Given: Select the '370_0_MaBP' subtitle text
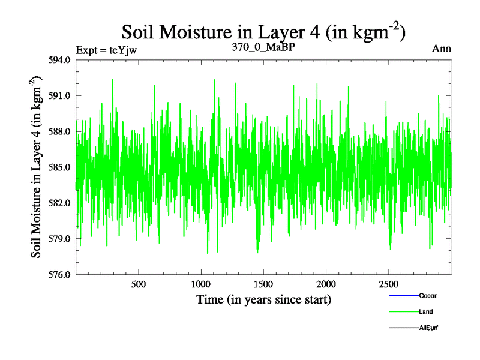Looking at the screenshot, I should (x=264, y=47).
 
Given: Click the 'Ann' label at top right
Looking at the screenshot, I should (x=441, y=49).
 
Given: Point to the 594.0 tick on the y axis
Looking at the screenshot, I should (x=60, y=60).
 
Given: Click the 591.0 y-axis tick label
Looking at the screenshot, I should (x=60, y=96).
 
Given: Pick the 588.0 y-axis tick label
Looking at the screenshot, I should (x=60, y=131).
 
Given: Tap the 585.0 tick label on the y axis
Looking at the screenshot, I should (x=60, y=167).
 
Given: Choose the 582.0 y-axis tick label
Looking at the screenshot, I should (x=60, y=203).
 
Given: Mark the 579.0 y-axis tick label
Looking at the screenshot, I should (x=60, y=239).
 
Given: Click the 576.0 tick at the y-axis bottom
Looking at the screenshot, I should (x=60, y=275).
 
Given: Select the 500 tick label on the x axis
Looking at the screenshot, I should (x=139, y=284).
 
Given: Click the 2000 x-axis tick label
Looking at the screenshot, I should (x=326, y=284).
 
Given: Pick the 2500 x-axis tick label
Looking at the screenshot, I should (x=389, y=284).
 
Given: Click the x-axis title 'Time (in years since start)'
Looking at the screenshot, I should (x=264, y=299).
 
